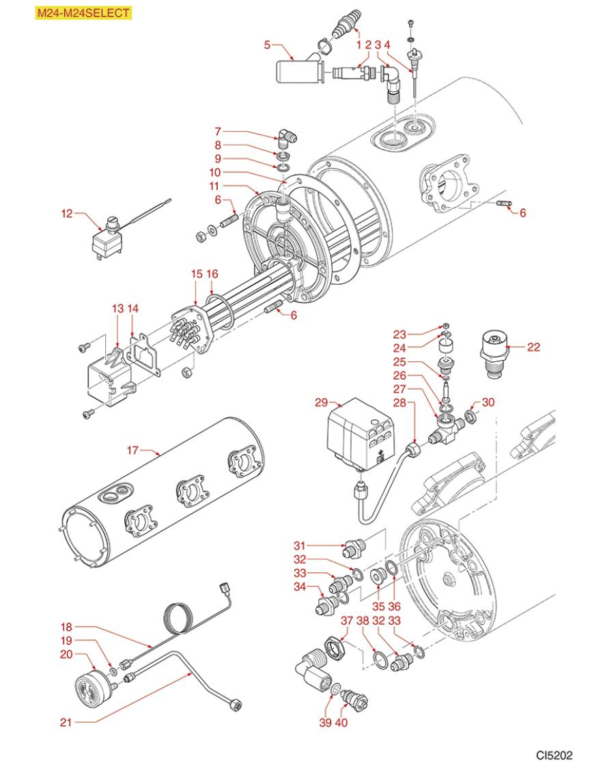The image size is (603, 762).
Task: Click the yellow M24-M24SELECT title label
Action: tap(83, 13)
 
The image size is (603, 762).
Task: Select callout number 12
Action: tap(66, 213)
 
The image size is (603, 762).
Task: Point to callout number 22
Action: tap(533, 347)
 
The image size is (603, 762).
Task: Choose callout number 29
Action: tap(321, 404)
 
